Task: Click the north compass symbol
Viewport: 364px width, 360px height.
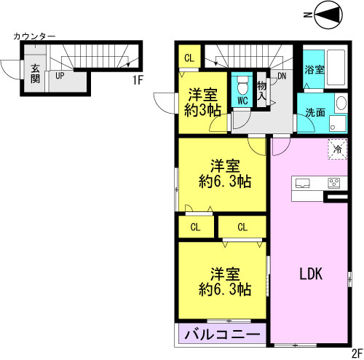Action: pyautogui.click(x=328, y=15)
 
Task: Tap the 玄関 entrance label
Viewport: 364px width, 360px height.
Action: pyautogui.click(x=36, y=74)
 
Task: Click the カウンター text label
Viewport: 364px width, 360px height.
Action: pyautogui.click(x=34, y=36)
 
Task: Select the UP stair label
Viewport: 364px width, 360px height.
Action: pyautogui.click(x=60, y=76)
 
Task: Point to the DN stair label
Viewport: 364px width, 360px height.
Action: pyautogui.click(x=282, y=76)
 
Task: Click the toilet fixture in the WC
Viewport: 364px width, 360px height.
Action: pyautogui.click(x=242, y=85)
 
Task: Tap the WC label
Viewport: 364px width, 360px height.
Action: pyautogui.click(x=242, y=101)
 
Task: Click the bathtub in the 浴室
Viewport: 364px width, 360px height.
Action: pyautogui.click(x=336, y=67)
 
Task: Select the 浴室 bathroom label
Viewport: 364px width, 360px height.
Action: pyautogui.click(x=314, y=70)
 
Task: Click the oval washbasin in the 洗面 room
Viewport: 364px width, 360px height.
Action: pyautogui.click(x=341, y=103)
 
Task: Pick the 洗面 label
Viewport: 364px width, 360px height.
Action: pyautogui.click(x=315, y=112)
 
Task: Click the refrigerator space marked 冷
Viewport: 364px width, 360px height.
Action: pyautogui.click(x=338, y=149)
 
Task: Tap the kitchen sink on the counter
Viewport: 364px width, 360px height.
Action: pyautogui.click(x=302, y=183)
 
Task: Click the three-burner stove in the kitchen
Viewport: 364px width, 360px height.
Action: pyautogui.click(x=334, y=183)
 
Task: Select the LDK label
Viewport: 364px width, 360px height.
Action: pyautogui.click(x=311, y=274)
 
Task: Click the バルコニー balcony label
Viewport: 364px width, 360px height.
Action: pyautogui.click(x=222, y=335)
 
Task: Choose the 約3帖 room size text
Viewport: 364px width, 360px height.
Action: pyautogui.click(x=202, y=111)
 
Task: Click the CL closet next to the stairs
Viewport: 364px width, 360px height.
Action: pyautogui.click(x=189, y=58)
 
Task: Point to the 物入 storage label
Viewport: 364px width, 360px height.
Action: pyautogui.click(x=262, y=91)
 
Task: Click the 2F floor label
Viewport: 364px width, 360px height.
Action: pyautogui.click(x=357, y=354)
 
